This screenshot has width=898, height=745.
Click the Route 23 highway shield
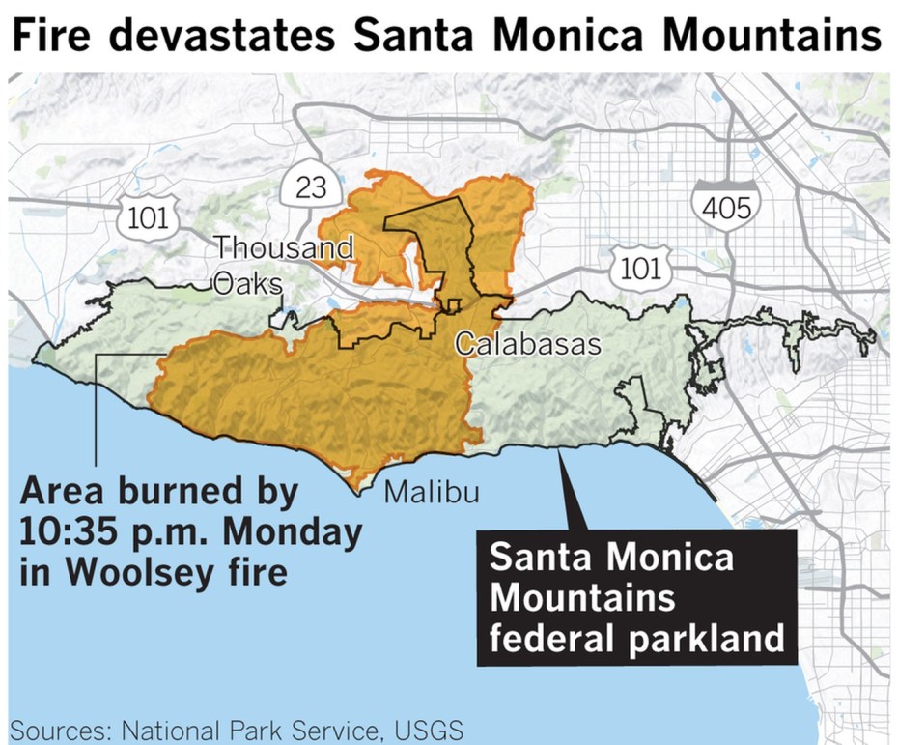pos(311,187)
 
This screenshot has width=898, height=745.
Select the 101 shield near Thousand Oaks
pos(148,217)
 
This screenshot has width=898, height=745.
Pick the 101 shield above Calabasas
pos(637,268)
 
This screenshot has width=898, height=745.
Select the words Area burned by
pos(159,493)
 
